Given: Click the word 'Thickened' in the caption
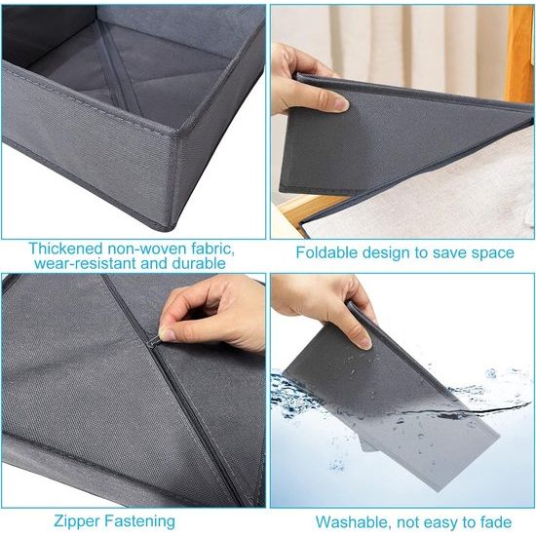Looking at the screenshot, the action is tap(65, 249).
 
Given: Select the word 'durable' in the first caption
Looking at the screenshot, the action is tap(199, 263).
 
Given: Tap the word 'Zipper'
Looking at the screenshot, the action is tap(77, 522).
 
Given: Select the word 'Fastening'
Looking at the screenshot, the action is tap(139, 522).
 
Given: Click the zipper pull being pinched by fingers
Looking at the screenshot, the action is tap(154, 341).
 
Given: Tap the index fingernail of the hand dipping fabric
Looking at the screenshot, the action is tap(365, 343).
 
